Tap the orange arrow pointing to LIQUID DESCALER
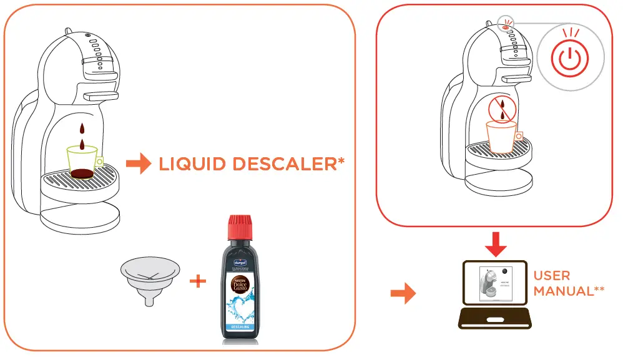[x=139, y=165]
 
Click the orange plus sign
[x=198, y=281]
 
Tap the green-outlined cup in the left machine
[x=83, y=162]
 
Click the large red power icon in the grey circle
[x=569, y=61]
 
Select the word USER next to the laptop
[x=552, y=275]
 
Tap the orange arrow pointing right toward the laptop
[x=406, y=292]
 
